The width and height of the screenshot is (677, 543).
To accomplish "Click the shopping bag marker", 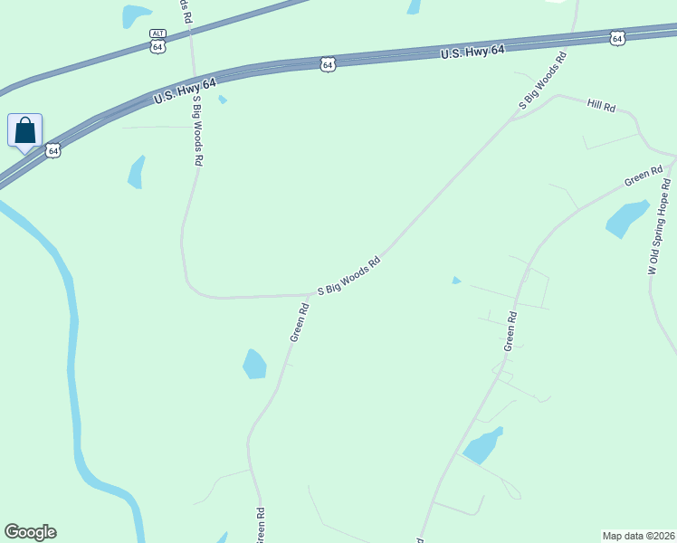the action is point(25,131).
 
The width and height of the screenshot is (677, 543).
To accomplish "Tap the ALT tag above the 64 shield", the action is point(158,33).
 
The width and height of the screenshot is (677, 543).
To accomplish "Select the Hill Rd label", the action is point(601,106).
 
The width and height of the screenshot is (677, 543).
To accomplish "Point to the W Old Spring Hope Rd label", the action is point(658,226).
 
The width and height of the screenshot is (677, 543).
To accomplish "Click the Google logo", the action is point(30,532).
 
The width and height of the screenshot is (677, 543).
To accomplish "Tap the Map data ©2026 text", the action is point(638,536).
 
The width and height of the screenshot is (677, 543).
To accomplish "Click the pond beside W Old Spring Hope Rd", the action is point(626,217).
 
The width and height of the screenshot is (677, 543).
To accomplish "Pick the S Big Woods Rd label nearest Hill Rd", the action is point(542,81).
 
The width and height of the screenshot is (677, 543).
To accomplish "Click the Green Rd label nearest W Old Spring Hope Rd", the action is point(644,176).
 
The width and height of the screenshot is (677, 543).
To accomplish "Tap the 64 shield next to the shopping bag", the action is point(54,150).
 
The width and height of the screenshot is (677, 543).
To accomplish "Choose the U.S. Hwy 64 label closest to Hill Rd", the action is point(472,52).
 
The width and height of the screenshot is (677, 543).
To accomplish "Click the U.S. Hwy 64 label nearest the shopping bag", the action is point(185,90).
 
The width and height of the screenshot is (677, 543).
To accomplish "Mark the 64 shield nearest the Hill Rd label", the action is point(617,38).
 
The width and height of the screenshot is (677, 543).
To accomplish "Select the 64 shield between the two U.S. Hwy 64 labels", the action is point(328,64).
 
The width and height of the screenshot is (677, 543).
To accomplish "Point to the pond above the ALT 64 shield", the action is point(136,14).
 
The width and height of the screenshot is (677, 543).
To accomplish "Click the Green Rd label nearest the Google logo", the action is point(260,523).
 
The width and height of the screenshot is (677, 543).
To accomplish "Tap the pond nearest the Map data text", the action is point(482,444).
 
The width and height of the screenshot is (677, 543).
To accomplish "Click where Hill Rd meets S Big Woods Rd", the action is point(511,118).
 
